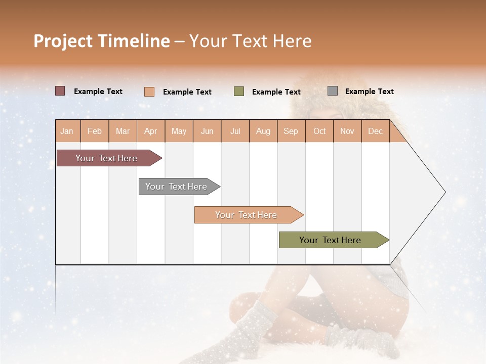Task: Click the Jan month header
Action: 67,131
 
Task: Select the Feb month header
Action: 95,131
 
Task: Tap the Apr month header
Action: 151,131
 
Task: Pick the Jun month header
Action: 207,131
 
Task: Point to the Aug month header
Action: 263,131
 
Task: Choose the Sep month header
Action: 291,131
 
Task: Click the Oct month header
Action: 319,131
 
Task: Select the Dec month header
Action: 376,131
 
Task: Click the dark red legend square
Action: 60,91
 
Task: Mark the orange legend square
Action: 149,92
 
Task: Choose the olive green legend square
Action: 239,92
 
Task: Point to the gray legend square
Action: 333,91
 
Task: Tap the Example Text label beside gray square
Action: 369,92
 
